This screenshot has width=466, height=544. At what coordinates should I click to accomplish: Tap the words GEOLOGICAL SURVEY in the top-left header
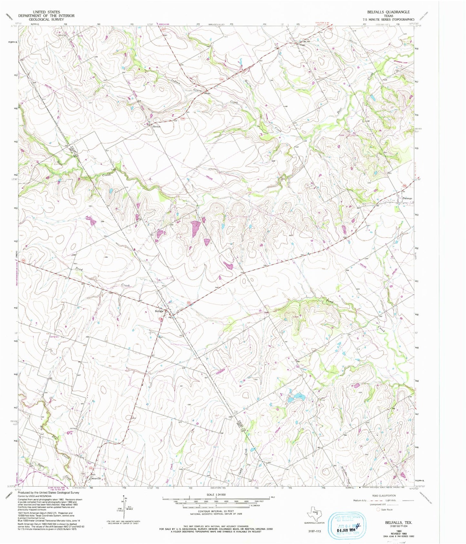[x=46, y=19]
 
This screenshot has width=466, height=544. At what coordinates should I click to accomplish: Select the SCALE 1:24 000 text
[x=216, y=495]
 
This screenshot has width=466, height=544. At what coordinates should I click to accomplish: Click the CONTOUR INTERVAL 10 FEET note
[x=216, y=510]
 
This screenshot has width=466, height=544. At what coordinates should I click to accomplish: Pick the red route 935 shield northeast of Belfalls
[x=189, y=302]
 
